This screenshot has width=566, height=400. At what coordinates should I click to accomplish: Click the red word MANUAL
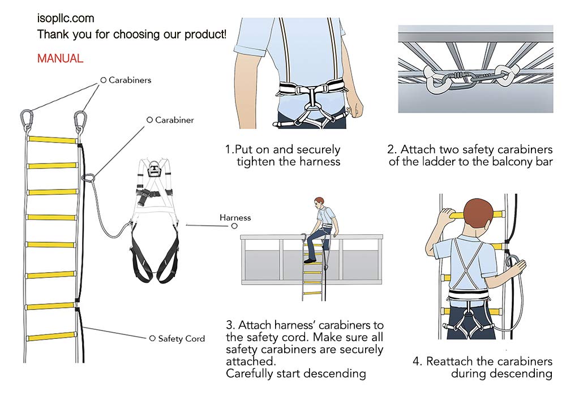click(61, 58)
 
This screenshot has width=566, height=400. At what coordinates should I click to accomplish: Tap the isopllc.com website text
click(66, 19)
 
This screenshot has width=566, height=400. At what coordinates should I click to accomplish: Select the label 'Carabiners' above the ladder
click(130, 80)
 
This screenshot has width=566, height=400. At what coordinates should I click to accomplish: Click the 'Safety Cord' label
click(182, 339)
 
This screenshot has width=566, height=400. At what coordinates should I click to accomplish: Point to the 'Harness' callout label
click(235, 217)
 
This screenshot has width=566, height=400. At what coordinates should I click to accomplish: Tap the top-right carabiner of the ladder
click(80, 121)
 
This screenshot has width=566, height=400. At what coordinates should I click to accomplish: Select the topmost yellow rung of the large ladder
click(52, 140)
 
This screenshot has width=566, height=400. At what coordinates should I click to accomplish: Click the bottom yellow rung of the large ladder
click(51, 337)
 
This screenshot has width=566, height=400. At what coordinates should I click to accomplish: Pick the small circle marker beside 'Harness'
click(234, 226)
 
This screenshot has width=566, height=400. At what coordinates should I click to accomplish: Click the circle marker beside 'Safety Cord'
click(152, 338)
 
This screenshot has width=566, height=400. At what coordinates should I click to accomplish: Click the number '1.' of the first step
click(230, 149)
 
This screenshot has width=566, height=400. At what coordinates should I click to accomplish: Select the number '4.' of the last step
click(418, 361)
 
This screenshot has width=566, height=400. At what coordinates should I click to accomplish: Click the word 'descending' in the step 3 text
click(336, 373)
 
